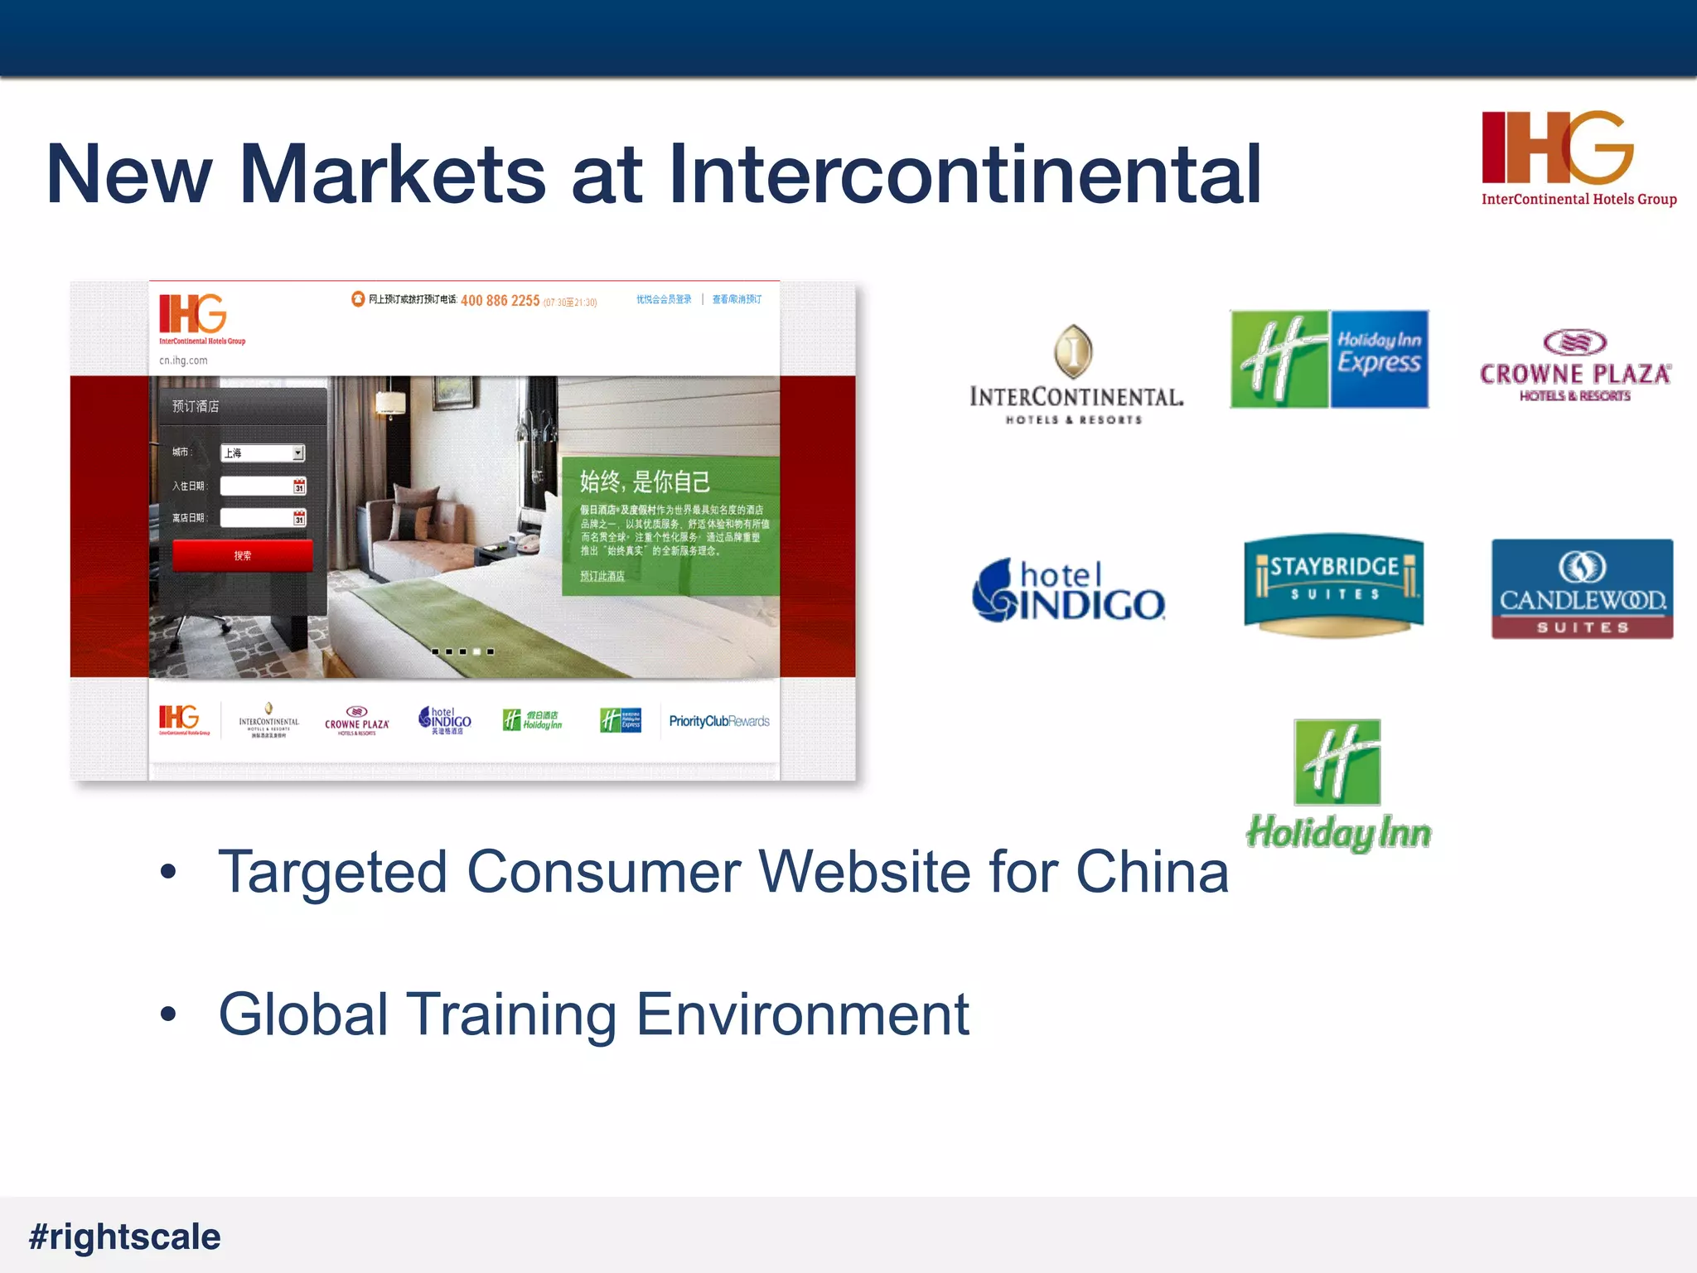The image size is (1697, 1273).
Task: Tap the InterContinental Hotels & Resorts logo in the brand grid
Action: pos(1076,375)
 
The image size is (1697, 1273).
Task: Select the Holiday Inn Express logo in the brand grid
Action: pos(1329,360)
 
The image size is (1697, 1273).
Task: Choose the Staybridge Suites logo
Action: pos(1333,583)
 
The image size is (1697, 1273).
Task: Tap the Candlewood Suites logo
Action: pos(1582,588)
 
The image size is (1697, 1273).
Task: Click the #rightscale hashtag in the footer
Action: pos(125,1237)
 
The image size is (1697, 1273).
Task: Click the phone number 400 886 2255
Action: pos(500,301)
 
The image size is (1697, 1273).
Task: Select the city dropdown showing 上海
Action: pos(263,453)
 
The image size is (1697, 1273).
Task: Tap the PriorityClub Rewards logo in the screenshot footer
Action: pos(718,721)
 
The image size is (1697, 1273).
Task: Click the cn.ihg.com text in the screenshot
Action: pos(183,361)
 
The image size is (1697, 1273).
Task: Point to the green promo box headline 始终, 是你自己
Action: pos(645,482)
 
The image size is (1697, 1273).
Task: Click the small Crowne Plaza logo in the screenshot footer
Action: pos(356,721)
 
